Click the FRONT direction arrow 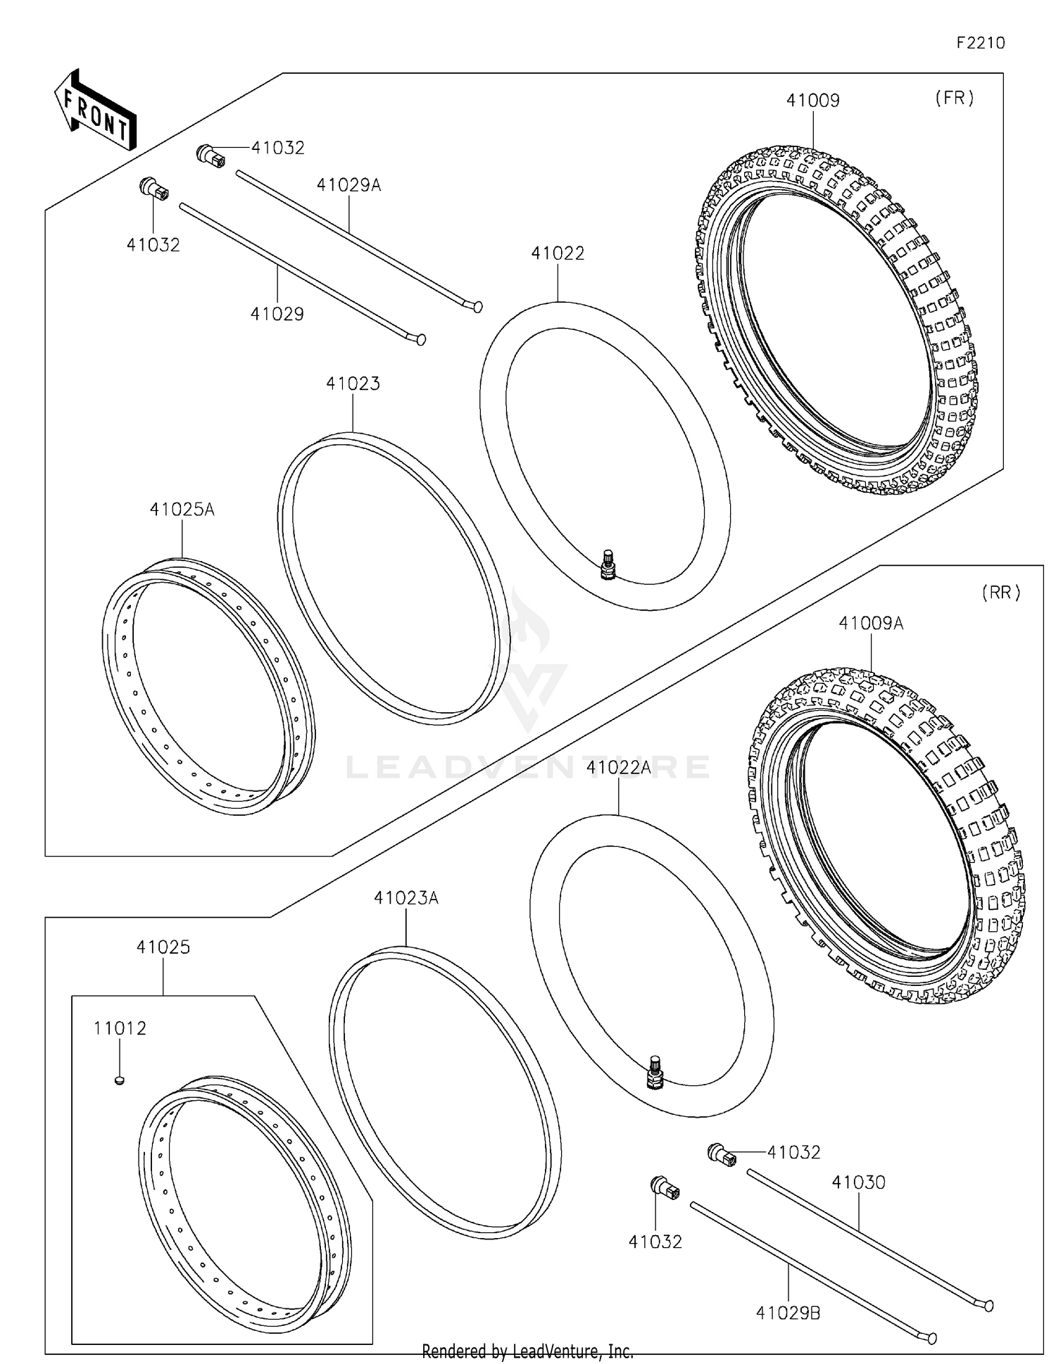point(95,111)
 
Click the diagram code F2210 point(980,43)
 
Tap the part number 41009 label point(812,101)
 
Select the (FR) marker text point(954,99)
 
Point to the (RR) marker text point(1000,593)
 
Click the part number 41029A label point(348,185)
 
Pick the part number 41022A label point(618,767)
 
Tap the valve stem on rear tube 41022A point(655,1073)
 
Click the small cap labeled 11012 point(120,1079)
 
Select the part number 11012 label point(120,1028)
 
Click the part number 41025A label point(182,510)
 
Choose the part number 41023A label point(406,898)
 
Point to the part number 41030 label point(858,1182)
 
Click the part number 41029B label point(788,1313)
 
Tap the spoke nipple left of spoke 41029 point(154,189)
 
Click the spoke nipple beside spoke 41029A point(210,155)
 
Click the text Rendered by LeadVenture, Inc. point(527,1351)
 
